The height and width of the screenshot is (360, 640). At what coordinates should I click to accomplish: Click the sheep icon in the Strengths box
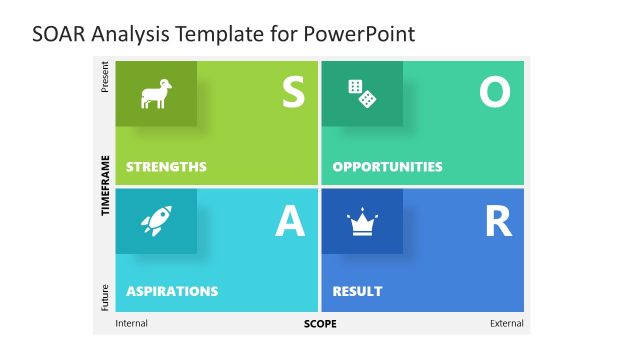(x=154, y=94)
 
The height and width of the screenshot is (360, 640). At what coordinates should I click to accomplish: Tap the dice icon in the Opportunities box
(x=362, y=94)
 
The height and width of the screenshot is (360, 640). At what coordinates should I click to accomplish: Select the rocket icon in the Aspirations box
(x=155, y=221)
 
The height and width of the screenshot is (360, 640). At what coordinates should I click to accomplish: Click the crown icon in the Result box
(x=362, y=221)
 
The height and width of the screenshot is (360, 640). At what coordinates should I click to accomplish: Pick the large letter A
(x=290, y=221)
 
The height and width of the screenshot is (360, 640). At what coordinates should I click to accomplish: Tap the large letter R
(x=497, y=221)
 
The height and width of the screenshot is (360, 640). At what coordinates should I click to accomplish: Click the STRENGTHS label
(x=166, y=167)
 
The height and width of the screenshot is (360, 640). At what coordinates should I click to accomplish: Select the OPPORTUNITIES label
(x=387, y=167)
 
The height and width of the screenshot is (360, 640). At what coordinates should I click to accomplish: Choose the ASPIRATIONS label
(x=172, y=292)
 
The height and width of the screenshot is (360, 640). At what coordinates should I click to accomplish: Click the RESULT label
(x=357, y=292)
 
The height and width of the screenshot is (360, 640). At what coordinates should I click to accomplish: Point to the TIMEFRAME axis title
(x=105, y=186)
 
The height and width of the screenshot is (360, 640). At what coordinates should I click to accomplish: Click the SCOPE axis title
(x=320, y=324)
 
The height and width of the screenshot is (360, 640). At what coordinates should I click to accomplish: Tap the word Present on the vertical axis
(x=105, y=77)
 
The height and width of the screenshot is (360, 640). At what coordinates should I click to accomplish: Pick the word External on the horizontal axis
(x=506, y=324)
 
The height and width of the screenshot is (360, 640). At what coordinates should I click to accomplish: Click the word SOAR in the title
(x=58, y=34)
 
